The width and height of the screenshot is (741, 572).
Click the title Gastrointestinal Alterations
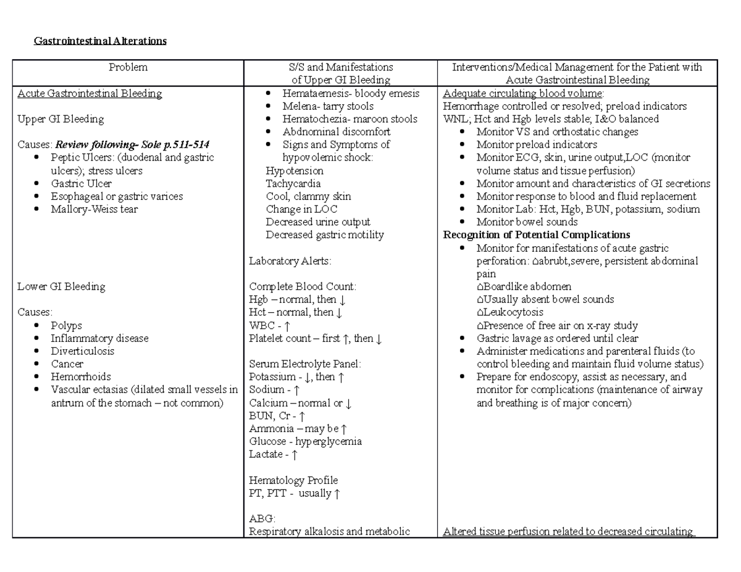coord(100,41)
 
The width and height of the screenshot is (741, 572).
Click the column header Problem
coord(128,67)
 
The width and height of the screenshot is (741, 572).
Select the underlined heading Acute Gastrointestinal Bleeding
coord(90,94)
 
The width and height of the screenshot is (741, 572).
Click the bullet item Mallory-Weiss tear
coord(94,209)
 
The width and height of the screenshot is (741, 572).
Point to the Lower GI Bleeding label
coord(61,287)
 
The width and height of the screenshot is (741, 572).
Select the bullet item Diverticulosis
coord(83,352)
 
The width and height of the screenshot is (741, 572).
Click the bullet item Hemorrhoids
coord(81,377)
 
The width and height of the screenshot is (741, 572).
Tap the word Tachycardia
coord(293,184)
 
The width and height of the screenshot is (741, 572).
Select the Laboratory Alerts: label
coord(290,261)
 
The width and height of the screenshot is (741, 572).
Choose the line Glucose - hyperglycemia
coord(305,442)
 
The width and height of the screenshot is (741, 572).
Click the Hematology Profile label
coord(293,481)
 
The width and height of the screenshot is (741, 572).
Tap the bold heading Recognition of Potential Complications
coord(537,235)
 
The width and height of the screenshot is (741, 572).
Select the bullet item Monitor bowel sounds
coord(527,222)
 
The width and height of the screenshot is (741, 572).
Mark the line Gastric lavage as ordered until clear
coord(558,339)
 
